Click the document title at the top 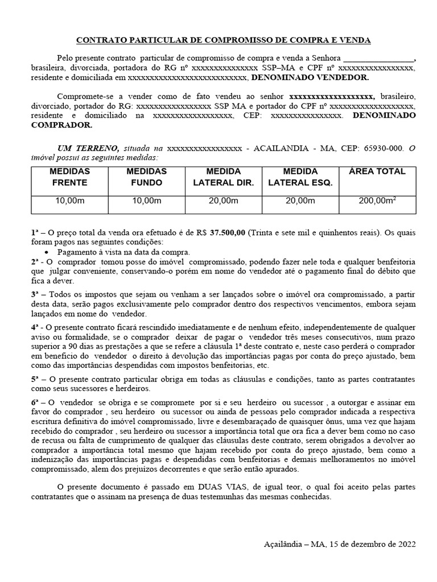click(224, 40)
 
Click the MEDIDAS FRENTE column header click(69, 177)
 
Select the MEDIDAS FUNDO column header click(146, 177)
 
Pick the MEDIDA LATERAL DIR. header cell click(224, 177)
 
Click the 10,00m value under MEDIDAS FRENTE click(69, 201)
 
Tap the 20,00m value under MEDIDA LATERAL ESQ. click(300, 201)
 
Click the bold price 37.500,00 click(228, 232)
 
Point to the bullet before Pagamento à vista click(47, 252)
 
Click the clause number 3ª click(35, 294)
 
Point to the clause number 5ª click(35, 379)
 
